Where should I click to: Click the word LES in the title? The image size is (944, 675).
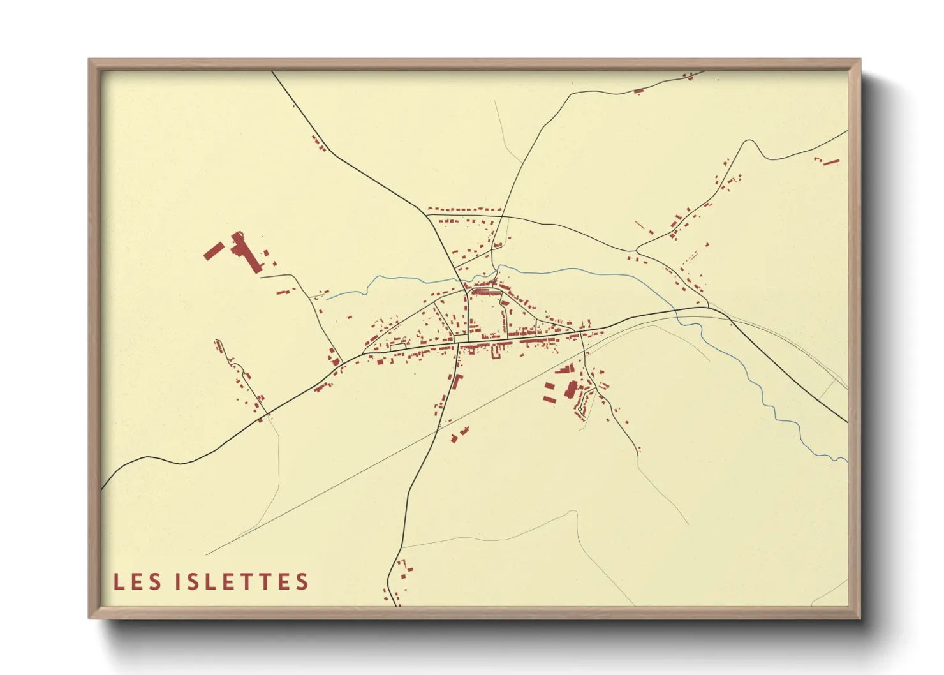click(x=138, y=582)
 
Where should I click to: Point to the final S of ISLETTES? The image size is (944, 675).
click(x=302, y=582)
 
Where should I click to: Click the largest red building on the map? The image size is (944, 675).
click(x=246, y=253)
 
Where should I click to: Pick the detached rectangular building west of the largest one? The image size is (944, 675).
click(x=213, y=250)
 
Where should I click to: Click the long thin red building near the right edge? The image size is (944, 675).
click(x=830, y=162)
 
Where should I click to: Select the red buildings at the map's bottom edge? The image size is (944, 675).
click(x=399, y=581)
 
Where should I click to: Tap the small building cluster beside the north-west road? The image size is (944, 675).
click(x=319, y=144)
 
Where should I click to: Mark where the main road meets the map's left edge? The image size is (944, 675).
click(x=103, y=487)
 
